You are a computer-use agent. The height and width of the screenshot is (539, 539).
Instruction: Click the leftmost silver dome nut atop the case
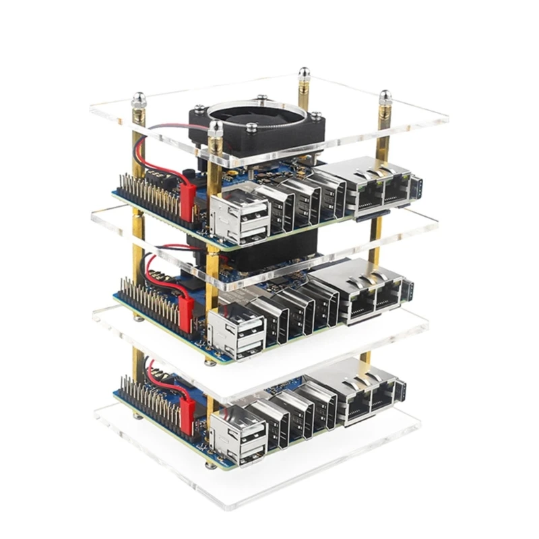[139, 100]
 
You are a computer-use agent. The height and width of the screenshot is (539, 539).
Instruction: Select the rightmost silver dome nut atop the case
[385, 98]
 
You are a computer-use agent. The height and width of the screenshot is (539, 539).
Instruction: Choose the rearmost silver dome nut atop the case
[305, 72]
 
